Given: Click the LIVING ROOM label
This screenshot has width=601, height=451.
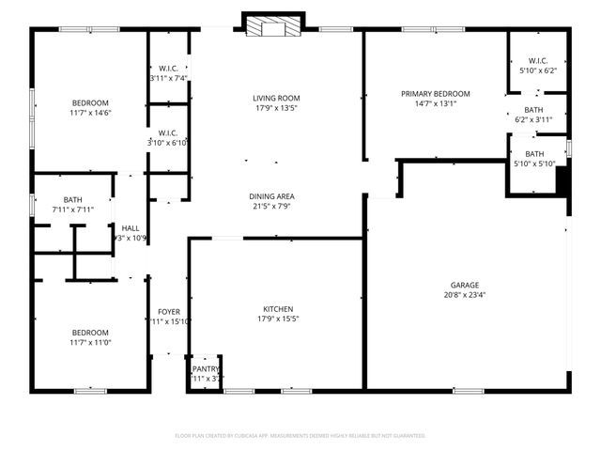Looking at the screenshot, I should [274, 98].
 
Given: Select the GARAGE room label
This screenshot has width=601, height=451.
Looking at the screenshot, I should [464, 285].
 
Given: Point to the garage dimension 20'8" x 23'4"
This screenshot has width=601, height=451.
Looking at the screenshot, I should [464, 295].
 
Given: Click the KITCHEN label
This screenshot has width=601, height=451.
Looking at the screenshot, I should [277, 309].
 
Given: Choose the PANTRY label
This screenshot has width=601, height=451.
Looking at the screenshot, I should [206, 369].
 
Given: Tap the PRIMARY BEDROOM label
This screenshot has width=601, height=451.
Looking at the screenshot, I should [435, 94].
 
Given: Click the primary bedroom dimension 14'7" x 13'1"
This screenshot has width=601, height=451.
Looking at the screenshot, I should [435, 104].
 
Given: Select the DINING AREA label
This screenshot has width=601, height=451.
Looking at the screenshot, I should [274, 196].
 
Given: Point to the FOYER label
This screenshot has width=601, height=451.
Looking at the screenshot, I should [169, 312].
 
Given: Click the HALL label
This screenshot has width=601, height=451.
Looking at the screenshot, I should [131, 228].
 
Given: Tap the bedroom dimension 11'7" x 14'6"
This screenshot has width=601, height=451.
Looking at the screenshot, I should [91, 113].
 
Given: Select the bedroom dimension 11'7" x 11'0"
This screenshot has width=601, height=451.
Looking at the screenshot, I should [91, 342].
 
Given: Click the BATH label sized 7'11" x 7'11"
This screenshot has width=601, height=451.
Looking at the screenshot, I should [73, 199].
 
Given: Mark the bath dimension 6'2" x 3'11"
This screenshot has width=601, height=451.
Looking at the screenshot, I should [533, 119].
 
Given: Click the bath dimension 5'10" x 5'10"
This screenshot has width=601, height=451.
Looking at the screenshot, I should [533, 164].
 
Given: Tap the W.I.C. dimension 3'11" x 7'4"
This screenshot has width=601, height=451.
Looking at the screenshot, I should [169, 78].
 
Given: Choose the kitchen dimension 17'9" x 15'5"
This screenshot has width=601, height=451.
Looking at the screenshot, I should [277, 319].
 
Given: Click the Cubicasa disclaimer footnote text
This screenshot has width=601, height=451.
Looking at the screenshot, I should [300, 435].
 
